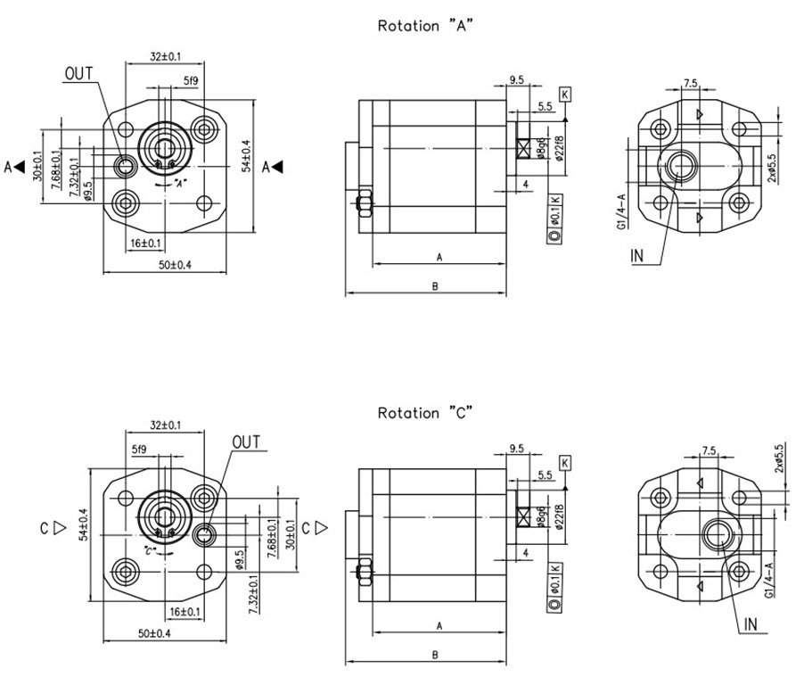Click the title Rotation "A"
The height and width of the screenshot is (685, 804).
coord(424,26)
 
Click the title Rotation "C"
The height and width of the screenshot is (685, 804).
coord(423,413)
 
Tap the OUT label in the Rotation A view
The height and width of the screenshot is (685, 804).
coord(78,74)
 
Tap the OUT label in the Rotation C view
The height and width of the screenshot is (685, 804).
coord(245,442)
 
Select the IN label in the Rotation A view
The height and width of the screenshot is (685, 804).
coord(637,256)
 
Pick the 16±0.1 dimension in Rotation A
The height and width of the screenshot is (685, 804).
coord(145,243)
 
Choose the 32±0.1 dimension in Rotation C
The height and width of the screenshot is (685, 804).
coord(166,426)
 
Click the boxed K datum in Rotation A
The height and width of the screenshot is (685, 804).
coord(565,94)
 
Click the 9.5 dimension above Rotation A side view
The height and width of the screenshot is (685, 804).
coord(516,80)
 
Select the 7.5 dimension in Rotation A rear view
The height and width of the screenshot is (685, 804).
coord(690,83)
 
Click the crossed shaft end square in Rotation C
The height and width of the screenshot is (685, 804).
coord(524,516)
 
